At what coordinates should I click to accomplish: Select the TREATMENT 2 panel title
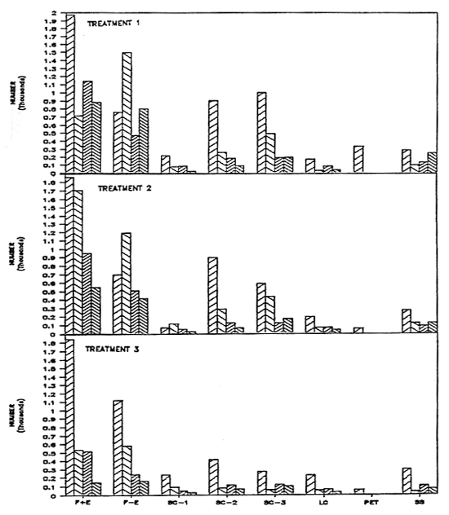click(x=125, y=188)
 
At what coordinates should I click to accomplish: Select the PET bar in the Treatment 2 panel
click(x=358, y=330)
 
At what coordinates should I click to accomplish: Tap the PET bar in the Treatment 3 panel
click(x=358, y=491)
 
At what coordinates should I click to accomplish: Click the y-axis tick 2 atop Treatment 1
click(x=53, y=15)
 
